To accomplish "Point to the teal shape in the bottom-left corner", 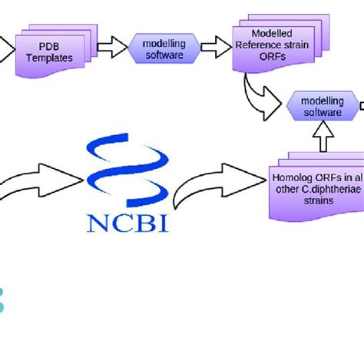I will click(x=2, y=299).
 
